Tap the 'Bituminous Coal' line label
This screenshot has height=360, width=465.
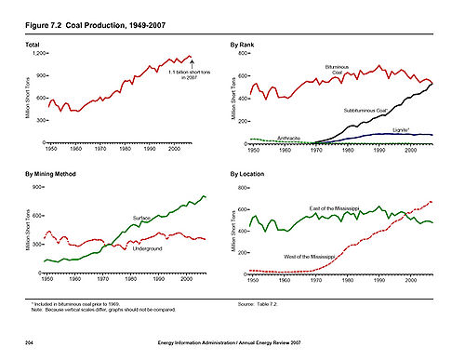click(337, 70)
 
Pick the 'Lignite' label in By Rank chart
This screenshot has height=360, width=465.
click(403, 130)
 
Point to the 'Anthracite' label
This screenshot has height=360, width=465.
click(288, 137)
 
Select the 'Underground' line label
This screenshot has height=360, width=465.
click(148, 249)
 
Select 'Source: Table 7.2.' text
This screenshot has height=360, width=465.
click(259, 304)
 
